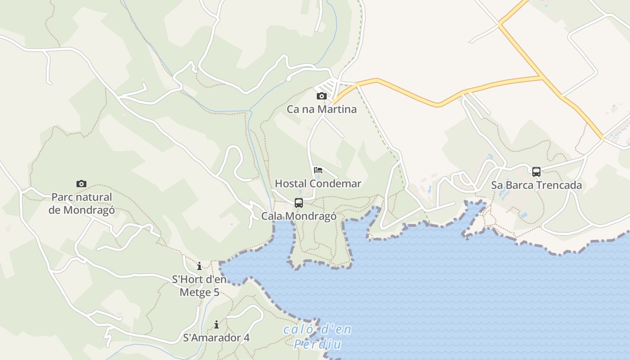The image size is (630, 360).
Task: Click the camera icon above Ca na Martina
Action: (321, 96)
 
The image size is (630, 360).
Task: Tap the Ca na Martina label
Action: (321, 109)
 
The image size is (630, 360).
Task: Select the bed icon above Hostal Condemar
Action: (318, 170)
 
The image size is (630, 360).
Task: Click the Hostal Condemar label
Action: (318, 184)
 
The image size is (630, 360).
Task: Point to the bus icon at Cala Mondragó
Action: (298, 202)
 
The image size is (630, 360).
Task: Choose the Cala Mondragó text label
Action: (299, 216)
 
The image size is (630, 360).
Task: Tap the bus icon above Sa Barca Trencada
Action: (536, 171)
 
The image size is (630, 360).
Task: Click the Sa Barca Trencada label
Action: (536, 185)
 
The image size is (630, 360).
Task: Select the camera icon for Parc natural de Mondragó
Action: (81, 184)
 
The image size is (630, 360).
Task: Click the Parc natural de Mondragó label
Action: (81, 203)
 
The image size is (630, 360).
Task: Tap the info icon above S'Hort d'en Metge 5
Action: (199, 266)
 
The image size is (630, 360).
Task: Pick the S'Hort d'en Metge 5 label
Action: (199, 286)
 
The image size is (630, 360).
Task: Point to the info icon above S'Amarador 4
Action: (216, 324)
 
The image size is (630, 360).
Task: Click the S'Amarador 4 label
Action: (216, 337)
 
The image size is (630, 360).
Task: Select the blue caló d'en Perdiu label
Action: (317, 337)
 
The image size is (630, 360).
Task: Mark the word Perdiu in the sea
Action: (317, 345)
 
